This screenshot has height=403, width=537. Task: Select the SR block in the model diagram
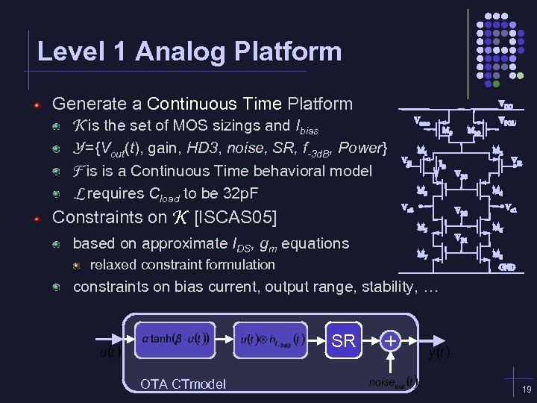[343, 341]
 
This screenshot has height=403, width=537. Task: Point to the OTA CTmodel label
[183, 384]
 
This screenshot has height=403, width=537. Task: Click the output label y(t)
[437, 352]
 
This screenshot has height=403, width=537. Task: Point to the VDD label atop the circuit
[505, 105]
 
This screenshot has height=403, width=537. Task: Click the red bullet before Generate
[37, 104]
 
